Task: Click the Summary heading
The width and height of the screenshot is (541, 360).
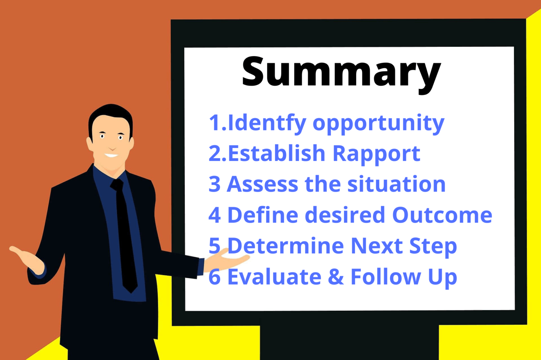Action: tap(341, 72)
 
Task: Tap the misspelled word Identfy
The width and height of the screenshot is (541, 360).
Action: tap(267, 123)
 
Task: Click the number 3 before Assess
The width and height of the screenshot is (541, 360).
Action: tap(214, 184)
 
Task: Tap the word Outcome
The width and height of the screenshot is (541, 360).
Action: tap(442, 215)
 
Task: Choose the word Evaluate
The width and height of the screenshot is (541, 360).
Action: tap(274, 277)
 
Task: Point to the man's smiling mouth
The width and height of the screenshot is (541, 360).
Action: tap(111, 155)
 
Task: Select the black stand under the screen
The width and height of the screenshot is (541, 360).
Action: tap(349, 342)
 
